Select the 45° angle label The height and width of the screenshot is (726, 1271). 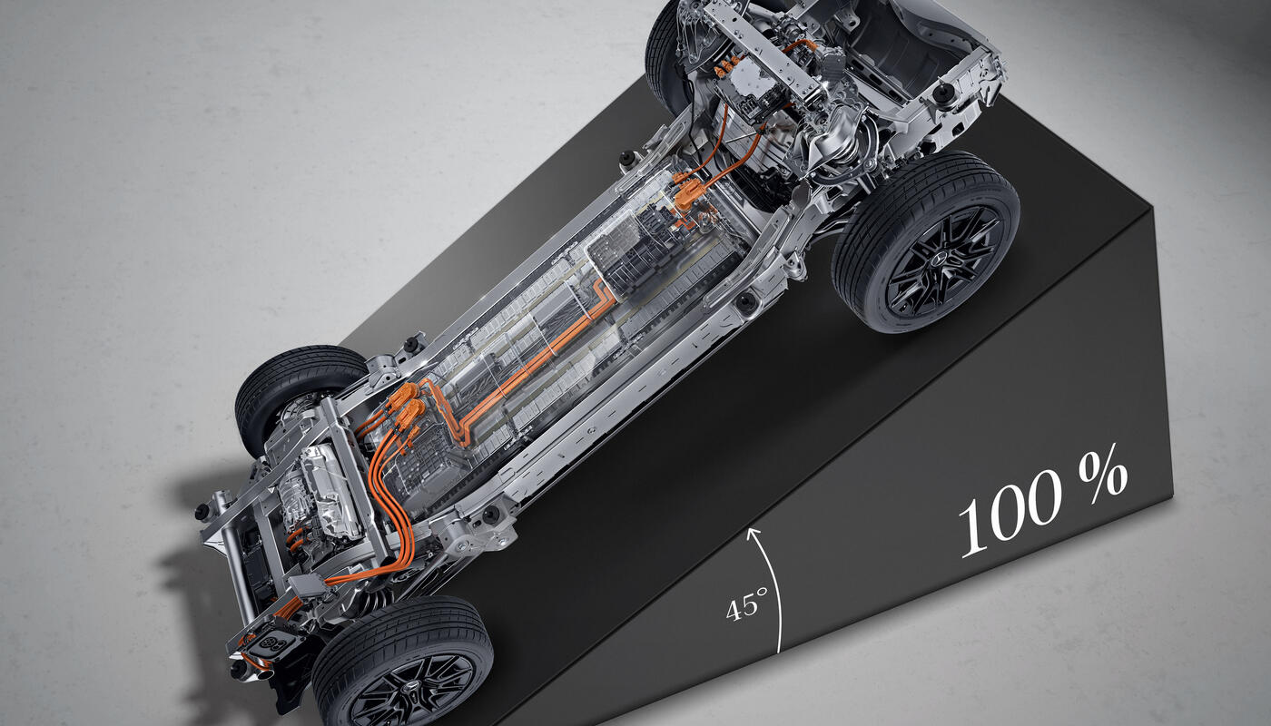(746, 603)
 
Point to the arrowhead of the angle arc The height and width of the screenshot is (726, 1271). (753, 534)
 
